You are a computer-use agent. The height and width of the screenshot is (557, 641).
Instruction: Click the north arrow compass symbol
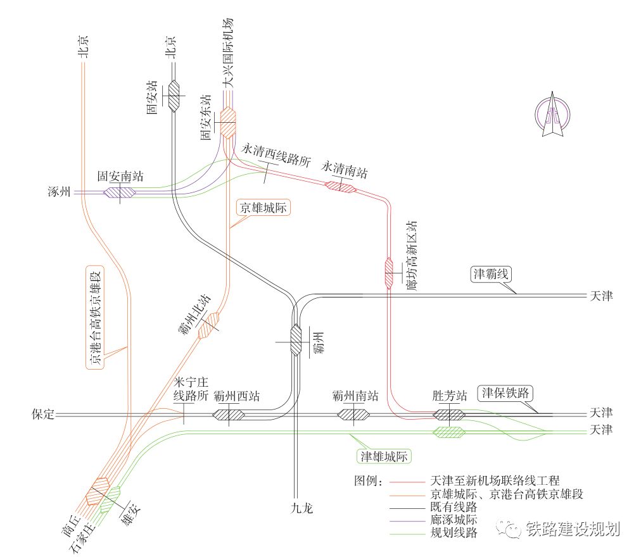(552, 115)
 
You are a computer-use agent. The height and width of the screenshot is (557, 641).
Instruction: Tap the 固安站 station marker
(174, 96)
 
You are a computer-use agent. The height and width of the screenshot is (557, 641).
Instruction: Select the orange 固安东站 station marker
(228, 122)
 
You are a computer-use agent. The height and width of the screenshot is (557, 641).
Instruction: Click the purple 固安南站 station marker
(119, 192)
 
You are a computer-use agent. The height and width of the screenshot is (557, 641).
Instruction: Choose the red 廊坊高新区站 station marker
(389, 273)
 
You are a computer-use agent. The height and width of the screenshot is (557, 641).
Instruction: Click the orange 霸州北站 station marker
(208, 325)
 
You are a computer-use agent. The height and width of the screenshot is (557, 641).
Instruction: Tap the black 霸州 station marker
(296, 340)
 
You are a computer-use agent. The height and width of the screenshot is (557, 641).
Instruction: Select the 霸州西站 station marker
(229, 415)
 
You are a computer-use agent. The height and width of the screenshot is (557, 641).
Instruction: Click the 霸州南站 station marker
(353, 415)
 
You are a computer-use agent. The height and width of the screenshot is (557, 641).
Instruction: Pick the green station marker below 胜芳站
(449, 432)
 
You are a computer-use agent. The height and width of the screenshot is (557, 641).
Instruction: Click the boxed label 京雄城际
(263, 208)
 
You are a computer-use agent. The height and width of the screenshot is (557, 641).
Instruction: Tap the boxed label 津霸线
(490, 274)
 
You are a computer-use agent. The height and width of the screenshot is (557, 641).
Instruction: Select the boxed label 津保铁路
(505, 393)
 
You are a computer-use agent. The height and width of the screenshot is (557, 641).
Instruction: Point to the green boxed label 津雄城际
(384, 456)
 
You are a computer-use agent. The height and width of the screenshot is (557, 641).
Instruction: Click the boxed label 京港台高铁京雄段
(95, 318)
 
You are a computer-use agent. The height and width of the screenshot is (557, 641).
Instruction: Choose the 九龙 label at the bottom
(301, 508)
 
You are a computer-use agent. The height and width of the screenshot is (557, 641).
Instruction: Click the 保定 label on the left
(43, 414)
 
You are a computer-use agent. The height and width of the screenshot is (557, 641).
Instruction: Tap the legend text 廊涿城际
(454, 520)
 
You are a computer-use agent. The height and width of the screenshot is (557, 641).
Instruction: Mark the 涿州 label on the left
(60, 191)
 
